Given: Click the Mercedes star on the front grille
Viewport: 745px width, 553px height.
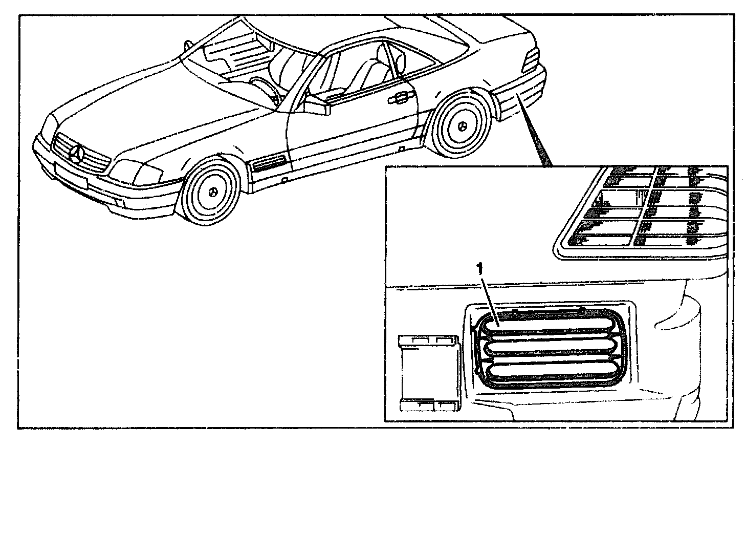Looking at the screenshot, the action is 78,153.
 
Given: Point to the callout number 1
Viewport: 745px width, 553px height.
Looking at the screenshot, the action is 479,268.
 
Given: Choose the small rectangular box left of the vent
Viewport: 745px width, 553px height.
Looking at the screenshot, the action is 429,373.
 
